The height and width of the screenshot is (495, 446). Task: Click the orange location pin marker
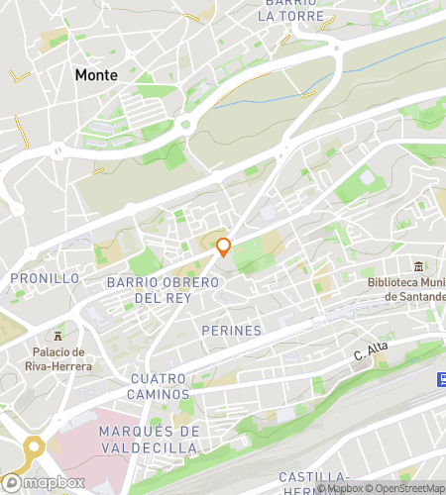tap(224, 247)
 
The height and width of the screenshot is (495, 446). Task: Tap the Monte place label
tap(96, 74)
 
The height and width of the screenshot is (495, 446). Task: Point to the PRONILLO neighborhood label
tap(45, 278)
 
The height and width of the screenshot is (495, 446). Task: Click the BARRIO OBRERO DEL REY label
tap(162, 289)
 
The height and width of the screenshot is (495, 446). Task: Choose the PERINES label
tap(231, 330)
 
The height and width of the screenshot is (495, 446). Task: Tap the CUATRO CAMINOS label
tap(171, 379)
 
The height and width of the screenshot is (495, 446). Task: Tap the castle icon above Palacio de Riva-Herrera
tap(58, 335)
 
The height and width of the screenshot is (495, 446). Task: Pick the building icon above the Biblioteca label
tap(418, 266)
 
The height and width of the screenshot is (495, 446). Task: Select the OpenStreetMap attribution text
tap(405, 487)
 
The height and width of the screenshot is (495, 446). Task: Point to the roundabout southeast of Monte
tap(185, 125)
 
